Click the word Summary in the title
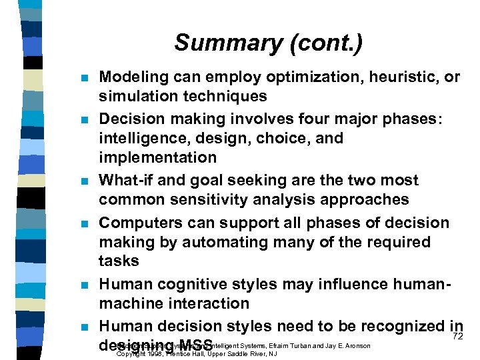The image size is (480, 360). pyautogui.click(x=219, y=43)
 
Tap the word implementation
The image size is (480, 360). pyautogui.click(x=157, y=157)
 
